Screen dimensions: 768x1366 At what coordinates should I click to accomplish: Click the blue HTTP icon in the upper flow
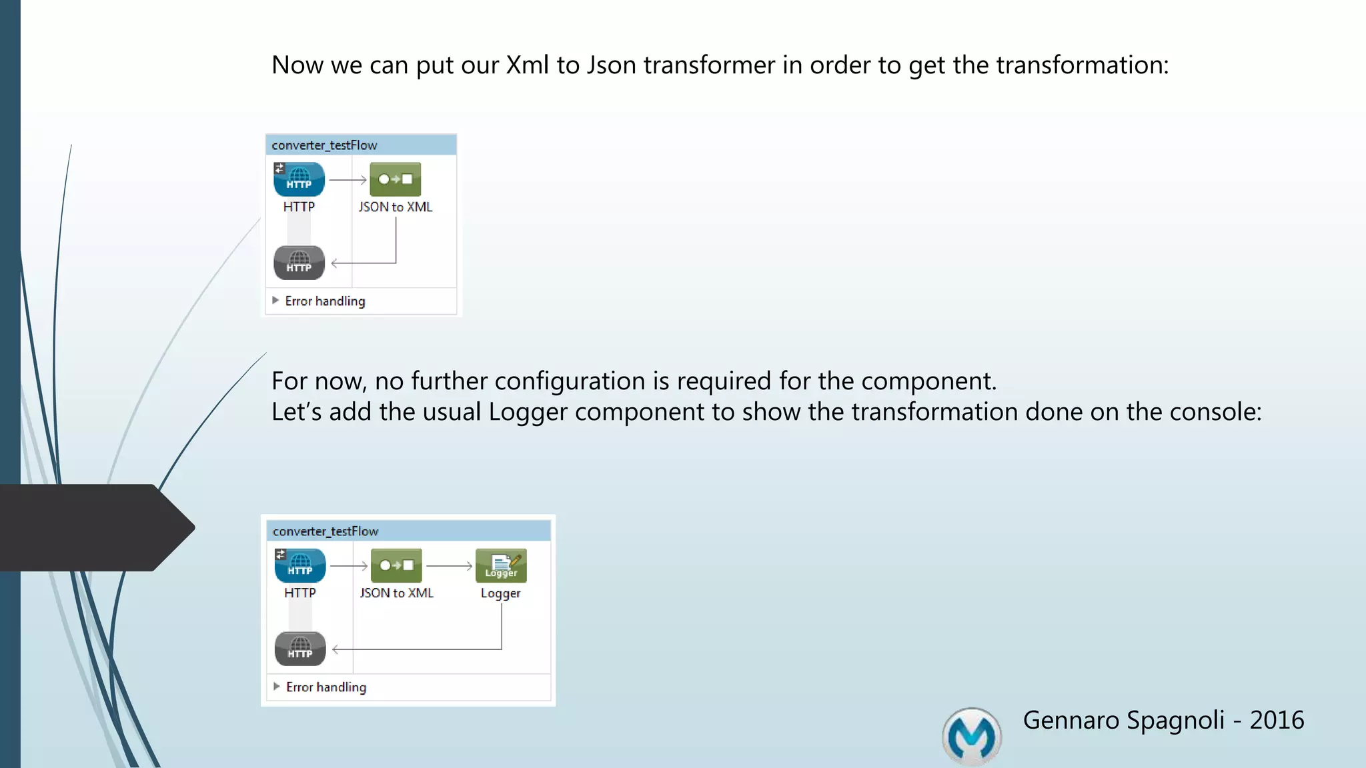click(x=299, y=179)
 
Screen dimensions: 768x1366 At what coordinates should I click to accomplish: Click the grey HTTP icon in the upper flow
click(x=299, y=263)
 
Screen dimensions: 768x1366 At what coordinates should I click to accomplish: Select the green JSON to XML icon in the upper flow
click(x=395, y=179)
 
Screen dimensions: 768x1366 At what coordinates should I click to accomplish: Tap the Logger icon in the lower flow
click(x=501, y=565)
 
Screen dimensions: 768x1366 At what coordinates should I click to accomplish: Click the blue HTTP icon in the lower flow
click(x=300, y=565)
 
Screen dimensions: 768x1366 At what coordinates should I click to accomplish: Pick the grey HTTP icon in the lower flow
click(x=300, y=649)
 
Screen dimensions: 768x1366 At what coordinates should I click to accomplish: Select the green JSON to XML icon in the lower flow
click(x=396, y=565)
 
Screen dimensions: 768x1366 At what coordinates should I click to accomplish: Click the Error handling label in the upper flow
click(x=325, y=301)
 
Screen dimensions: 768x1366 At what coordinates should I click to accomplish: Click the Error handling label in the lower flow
click(x=326, y=687)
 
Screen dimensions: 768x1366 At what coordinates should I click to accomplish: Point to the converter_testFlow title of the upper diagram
click(x=324, y=145)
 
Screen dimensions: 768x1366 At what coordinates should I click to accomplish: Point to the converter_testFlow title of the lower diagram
click(x=325, y=531)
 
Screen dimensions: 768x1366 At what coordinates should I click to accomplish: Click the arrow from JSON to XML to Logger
click(x=449, y=566)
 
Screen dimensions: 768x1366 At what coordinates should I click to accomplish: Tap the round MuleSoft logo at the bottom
click(x=972, y=737)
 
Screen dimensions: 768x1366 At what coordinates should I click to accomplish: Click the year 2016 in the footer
click(x=1277, y=720)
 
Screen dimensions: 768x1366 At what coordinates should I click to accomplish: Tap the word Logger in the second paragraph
click(x=528, y=412)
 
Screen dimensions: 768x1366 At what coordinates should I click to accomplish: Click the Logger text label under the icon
click(x=500, y=593)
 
